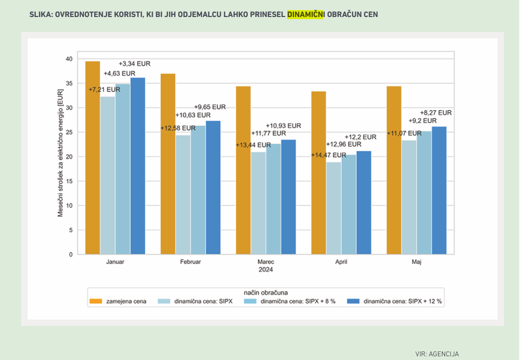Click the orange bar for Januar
point(92,158)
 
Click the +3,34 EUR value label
point(135,64)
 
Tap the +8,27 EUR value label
point(436,112)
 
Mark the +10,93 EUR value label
point(284,126)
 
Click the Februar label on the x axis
point(190,262)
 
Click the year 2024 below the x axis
point(266,270)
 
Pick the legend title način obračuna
point(266,291)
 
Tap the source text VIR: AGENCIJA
point(437,354)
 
